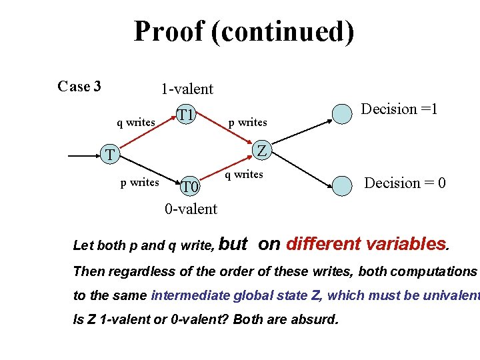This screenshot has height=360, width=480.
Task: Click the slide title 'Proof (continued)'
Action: click(243, 31)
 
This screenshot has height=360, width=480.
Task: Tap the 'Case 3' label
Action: click(79, 87)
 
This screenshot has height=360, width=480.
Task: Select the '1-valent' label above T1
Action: click(187, 89)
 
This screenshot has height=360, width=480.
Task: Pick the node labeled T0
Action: click(191, 187)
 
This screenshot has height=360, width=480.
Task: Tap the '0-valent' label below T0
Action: click(191, 209)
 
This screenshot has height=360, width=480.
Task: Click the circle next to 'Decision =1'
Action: click(342, 114)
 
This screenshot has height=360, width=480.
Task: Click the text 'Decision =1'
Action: click(399, 109)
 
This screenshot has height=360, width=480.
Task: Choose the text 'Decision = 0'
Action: click(405, 183)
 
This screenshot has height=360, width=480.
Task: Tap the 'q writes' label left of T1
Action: click(136, 122)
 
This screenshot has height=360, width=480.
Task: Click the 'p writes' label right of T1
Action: click(247, 122)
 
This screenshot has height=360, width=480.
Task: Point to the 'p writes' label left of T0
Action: click(139, 182)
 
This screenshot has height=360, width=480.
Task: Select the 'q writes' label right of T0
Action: click(243, 175)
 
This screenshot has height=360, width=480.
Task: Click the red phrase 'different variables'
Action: click(365, 244)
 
